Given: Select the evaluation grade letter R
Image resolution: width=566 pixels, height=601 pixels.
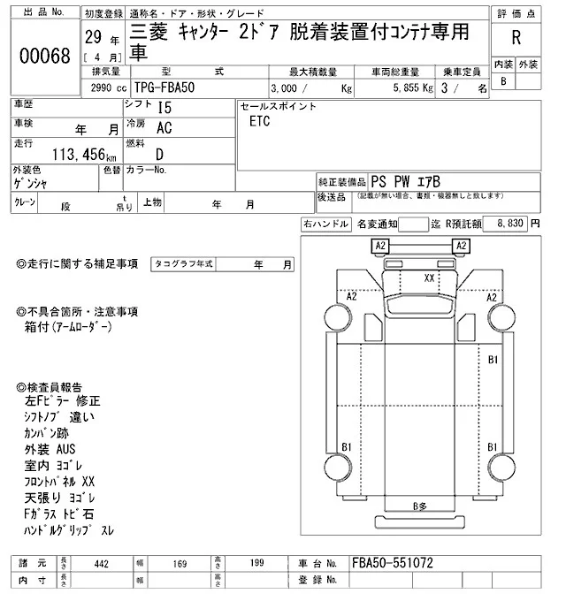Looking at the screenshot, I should point(516,40).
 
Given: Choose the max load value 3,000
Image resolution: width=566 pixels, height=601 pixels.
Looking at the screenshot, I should point(292,88).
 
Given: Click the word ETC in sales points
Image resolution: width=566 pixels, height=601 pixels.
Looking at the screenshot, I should point(260,120).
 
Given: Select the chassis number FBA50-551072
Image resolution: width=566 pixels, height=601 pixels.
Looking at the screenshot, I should point(392,562).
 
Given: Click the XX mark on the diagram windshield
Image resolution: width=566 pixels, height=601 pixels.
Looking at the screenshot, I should point(431,277).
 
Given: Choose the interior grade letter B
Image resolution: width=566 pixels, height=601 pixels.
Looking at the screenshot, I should point(504,81).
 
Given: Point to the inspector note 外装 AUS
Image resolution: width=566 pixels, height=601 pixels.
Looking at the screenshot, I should point(51,449).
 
